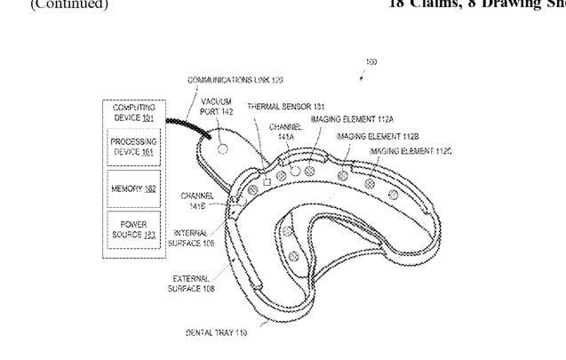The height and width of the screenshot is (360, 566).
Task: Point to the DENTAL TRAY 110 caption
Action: click(215, 332)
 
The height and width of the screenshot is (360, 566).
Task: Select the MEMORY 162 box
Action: click(133, 188)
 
